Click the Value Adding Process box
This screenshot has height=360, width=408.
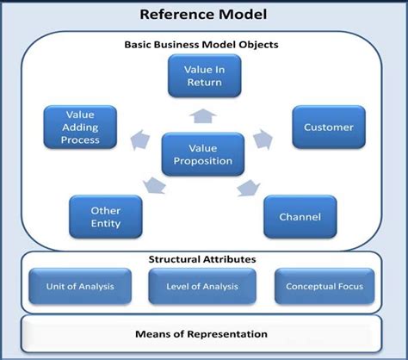click(x=80, y=127)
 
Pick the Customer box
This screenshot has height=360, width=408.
click(x=329, y=127)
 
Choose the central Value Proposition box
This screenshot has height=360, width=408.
click(x=203, y=154)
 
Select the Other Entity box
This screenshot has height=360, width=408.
click(x=106, y=217)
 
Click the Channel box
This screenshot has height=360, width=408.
click(x=300, y=217)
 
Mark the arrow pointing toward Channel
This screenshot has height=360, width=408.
click(x=247, y=187)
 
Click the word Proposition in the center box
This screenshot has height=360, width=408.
click(x=203, y=162)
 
